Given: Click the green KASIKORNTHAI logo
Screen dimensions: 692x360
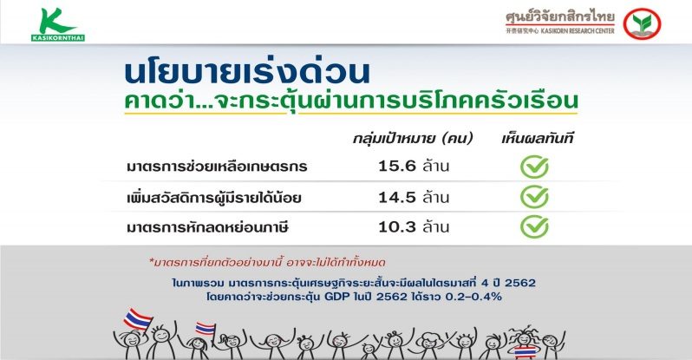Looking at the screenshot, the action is (58, 25).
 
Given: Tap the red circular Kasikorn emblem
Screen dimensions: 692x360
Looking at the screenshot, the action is (642, 23).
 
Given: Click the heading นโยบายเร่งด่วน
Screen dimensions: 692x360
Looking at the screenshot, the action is (247, 73).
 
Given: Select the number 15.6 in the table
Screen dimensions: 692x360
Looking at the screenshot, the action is (397, 166).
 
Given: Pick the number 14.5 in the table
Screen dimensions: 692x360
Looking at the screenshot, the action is (397, 197).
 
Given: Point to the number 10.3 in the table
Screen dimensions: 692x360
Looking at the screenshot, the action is (397, 227).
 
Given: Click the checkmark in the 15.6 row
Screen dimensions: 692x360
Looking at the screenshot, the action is (534, 167).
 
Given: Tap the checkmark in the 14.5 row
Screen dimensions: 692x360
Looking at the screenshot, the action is (534, 197).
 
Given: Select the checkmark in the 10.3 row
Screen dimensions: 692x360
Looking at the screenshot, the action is (534, 227).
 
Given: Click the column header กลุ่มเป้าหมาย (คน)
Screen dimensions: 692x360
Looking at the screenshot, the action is (413, 139).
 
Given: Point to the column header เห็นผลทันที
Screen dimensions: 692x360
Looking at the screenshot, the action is (538, 139).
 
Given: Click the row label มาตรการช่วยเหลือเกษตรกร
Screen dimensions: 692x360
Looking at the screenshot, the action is (217, 167).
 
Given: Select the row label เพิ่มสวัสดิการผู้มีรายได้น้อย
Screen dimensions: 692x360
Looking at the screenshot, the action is (214, 197).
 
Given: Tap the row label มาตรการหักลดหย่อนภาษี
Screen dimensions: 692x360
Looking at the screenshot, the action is (207, 227).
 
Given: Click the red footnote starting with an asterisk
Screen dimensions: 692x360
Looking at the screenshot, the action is (267, 263).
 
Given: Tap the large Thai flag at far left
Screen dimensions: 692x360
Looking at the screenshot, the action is (138, 319).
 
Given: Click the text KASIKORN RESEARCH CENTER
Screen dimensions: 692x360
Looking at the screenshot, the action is (578, 31).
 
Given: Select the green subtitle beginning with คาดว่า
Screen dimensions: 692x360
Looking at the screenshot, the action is (351, 101).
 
